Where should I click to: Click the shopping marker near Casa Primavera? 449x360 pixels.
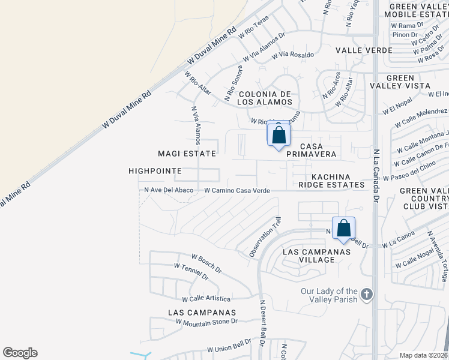tap(279, 134)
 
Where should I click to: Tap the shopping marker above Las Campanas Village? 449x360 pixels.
tap(343, 229)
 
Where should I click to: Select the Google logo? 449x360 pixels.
tap(20, 353)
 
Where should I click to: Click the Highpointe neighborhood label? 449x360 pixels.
tap(155, 171)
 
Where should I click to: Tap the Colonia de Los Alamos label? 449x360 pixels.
tap(265, 98)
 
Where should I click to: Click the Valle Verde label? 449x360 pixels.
tap(364, 50)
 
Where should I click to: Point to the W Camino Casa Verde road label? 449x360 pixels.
tap(237, 190)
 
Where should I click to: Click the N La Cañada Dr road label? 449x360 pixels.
tap(376, 175)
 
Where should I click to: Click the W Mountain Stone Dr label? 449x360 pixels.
tap(206, 322)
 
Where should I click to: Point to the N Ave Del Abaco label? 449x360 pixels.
tap(169, 190)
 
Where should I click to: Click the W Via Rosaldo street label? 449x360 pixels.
tap(293, 55)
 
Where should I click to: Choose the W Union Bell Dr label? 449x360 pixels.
tap(229, 346)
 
